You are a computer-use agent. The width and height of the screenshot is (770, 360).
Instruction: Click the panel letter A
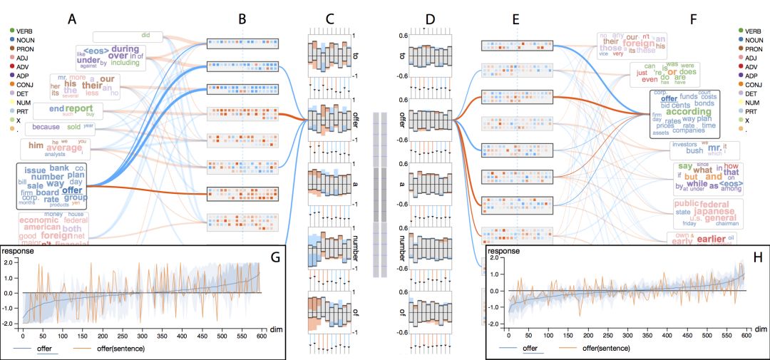click(71, 19)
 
